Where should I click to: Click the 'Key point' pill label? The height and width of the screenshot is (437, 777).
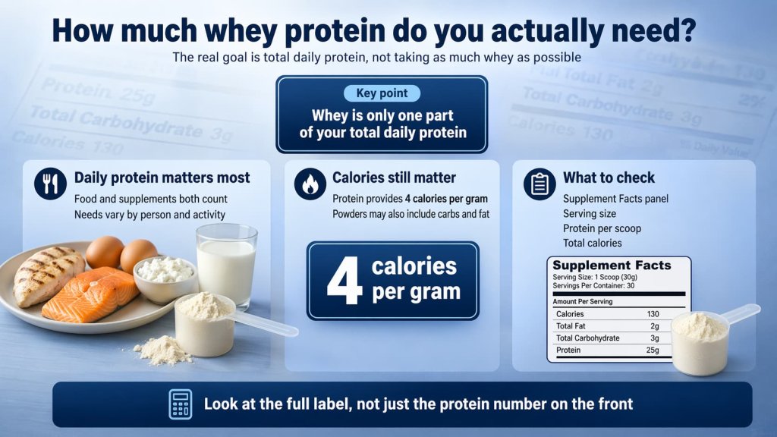point(382,94)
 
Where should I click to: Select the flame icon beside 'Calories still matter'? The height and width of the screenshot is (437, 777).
point(310,184)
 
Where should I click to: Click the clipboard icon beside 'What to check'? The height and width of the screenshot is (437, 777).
point(539,184)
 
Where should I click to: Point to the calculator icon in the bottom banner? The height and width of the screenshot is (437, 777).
point(181,404)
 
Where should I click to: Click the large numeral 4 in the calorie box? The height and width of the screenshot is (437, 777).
point(342,280)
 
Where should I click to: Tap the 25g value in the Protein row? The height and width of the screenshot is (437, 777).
point(650,351)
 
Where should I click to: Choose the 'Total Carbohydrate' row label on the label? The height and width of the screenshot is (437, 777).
point(587,338)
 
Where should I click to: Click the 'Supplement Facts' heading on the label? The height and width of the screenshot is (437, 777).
point(612,266)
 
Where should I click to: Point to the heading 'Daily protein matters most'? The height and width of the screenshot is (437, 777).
point(162,178)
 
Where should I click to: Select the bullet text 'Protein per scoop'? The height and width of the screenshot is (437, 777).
point(602,228)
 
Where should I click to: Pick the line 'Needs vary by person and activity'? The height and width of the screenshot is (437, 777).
point(149,214)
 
